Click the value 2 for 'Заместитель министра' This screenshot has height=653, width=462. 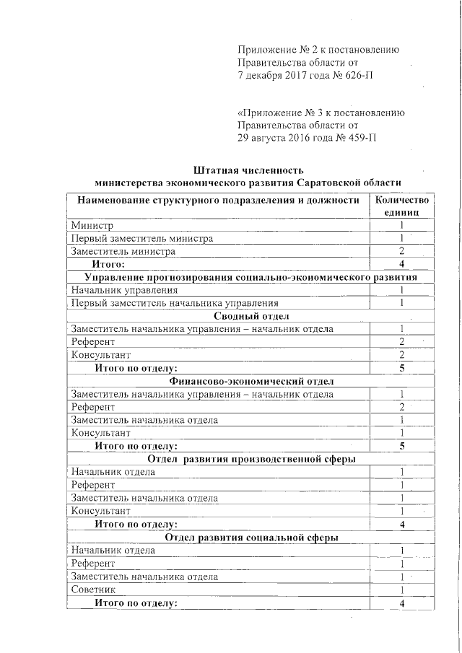pyautogui.click(x=401, y=251)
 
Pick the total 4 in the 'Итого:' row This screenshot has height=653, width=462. pyautogui.click(x=401, y=264)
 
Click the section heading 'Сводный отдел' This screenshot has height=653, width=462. pyautogui.click(x=250, y=316)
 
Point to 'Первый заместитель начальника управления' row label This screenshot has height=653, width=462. pyautogui.click(x=175, y=303)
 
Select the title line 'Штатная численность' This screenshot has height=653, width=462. pyautogui.click(x=245, y=170)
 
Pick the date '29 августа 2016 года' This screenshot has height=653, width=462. pyautogui.click(x=288, y=138)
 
